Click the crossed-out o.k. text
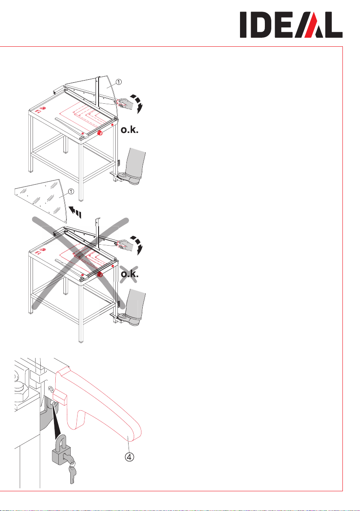[129, 274]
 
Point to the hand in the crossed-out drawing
[126, 245]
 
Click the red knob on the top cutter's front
[99, 133]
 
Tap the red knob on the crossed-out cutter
[100, 274]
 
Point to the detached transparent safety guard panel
[41, 197]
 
